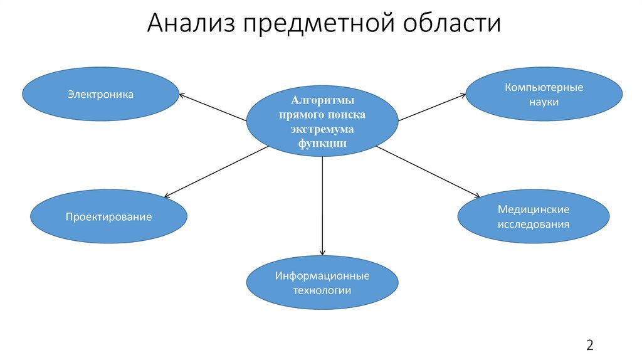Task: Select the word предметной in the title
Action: point(311,24)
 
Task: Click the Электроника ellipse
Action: point(100,95)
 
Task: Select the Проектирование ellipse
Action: point(108,217)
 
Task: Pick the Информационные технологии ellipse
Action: point(322,282)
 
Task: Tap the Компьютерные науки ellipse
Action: point(544,94)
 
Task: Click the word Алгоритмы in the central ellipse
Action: point(322,102)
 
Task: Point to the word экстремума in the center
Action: point(322,129)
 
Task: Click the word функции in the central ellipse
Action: point(322,143)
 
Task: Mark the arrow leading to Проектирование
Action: point(216,171)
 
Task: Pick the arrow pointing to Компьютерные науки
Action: point(432,107)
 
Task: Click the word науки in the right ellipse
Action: point(544,101)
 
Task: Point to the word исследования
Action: point(533,224)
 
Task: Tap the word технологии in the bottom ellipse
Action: point(322,290)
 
